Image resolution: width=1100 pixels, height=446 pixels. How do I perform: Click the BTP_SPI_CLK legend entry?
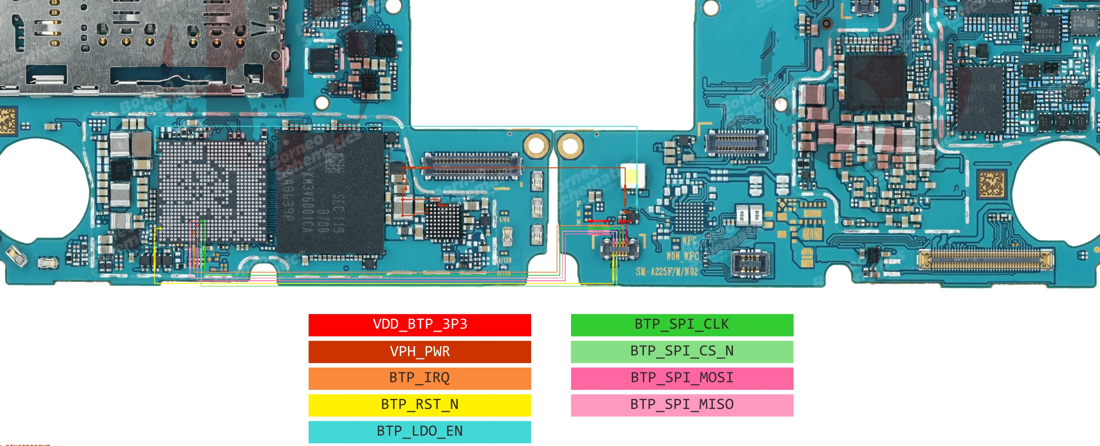[x=682, y=325]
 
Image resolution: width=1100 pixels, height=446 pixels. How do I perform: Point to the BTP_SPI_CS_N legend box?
[x=682, y=352]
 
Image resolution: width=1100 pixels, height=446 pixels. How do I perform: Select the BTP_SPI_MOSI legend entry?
[x=682, y=378]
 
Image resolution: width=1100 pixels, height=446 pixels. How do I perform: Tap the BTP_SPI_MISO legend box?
[x=682, y=405]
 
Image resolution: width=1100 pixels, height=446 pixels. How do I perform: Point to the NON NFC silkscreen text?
[x=682, y=256]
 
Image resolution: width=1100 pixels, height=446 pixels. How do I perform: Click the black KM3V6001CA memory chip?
[x=330, y=192]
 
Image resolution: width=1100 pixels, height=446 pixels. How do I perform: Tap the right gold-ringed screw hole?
[x=570, y=145]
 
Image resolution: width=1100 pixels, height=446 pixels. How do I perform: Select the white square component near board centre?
[x=632, y=176]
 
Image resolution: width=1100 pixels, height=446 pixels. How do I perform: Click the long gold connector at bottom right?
[x=985, y=260]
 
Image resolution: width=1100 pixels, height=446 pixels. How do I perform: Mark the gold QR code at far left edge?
[x=7, y=121]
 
